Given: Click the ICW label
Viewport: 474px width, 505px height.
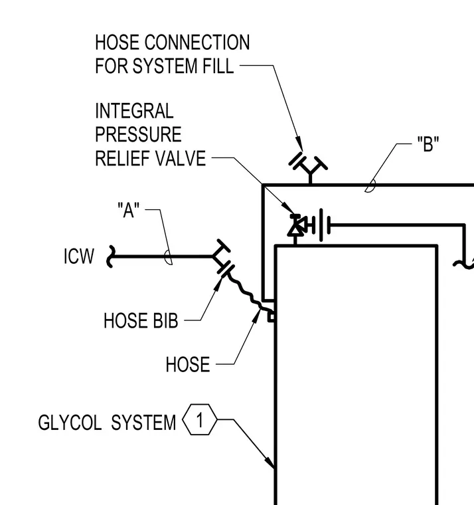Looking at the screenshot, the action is tap(79, 256).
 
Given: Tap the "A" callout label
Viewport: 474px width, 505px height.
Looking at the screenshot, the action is tap(128, 210).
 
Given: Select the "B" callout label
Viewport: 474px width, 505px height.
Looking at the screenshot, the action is tap(428, 144).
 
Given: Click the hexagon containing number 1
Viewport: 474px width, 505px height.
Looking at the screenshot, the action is tap(200, 420).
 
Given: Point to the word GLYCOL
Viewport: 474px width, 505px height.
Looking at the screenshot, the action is tap(70, 422).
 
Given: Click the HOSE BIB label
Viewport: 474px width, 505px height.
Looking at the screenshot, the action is tap(141, 320).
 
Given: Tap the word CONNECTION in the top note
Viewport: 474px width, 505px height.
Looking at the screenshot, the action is tap(197, 42).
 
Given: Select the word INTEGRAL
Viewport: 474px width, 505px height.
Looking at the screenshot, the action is tap(134, 111).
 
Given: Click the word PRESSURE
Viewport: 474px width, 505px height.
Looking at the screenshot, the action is tap(138, 134).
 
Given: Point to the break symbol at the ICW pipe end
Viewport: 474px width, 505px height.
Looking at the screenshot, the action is tap(110, 256).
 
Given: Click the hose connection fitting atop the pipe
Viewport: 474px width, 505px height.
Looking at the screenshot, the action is tap(308, 167).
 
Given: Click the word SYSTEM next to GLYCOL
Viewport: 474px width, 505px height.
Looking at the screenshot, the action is tap(143, 422).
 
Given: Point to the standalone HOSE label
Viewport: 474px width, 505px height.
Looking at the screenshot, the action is tap(188, 364).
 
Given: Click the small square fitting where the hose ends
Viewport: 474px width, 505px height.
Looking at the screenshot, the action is tap(272, 317).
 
